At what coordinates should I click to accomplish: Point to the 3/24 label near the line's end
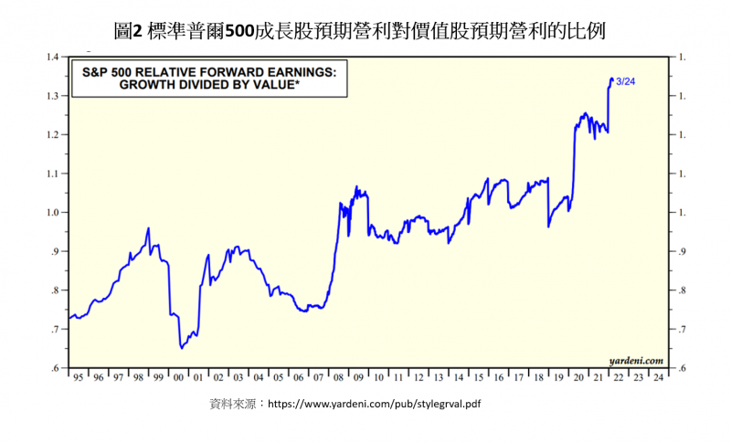coord(627,81)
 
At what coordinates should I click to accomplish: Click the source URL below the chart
coord(374,403)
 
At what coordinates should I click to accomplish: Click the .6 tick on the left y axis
coord(55,368)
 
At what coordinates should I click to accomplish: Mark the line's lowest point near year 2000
coord(182,348)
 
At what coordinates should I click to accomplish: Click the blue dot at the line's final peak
coord(611,79)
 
